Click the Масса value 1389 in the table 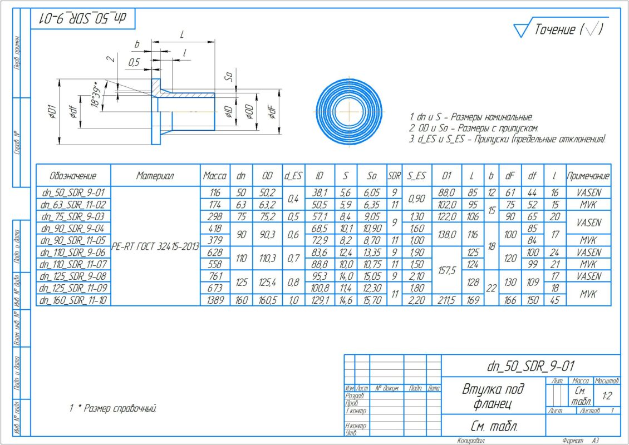click(x=214, y=300)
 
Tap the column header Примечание click(x=588, y=176)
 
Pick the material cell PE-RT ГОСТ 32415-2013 click(x=155, y=247)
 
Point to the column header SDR click(x=395, y=176)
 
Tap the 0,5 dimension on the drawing click(x=134, y=63)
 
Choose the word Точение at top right click(x=554, y=29)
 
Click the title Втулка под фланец click(x=493, y=395)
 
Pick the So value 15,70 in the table click(x=372, y=300)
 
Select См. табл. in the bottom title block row click(x=493, y=427)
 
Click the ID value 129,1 click(x=320, y=300)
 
